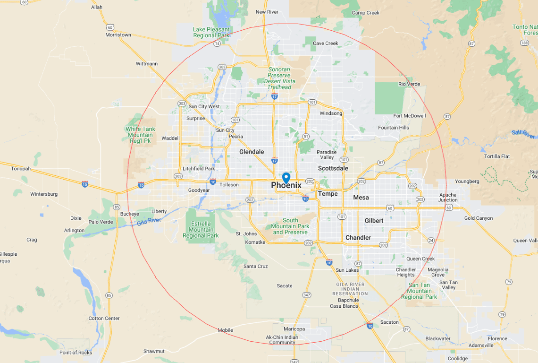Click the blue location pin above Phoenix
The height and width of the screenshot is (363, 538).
286,177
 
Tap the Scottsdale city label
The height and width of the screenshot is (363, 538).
333,168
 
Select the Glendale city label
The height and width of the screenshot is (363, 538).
252,152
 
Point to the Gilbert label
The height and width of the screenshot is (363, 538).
374,221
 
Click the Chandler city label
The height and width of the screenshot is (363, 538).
358,237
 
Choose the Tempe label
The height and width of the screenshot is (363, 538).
328,194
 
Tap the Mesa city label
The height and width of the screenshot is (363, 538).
361,197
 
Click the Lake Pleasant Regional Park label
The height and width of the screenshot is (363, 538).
211,32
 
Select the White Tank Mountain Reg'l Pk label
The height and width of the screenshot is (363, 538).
140,135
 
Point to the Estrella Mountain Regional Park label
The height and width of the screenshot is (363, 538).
201,229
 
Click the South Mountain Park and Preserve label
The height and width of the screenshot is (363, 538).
290,226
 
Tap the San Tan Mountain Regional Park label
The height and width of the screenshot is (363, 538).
419,291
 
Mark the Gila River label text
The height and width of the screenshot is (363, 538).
149,221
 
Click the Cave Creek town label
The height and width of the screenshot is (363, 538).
325,43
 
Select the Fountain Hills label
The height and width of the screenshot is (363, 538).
394,128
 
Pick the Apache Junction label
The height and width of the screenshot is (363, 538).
447,197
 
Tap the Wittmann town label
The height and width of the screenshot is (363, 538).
147,64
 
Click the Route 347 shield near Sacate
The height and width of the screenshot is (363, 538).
307,295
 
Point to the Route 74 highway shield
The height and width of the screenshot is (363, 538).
217,43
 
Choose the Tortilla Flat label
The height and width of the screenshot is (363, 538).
497,156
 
